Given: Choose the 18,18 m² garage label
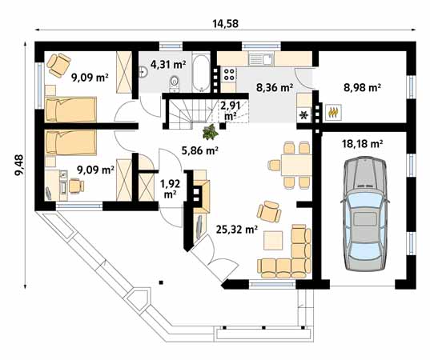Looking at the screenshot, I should tap(362, 144).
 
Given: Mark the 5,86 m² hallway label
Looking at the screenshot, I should tap(199, 150).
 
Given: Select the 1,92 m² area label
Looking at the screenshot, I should tap(171, 188).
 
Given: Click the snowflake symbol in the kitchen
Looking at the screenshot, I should tap(304, 115).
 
